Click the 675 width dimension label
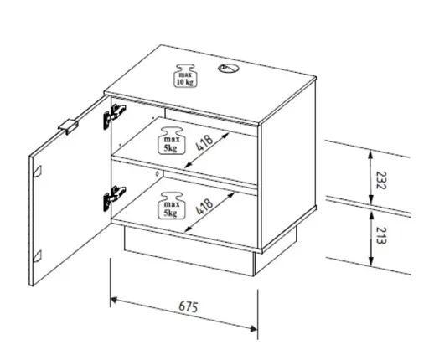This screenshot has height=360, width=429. pos(189,306)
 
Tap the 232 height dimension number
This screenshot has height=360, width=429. pos(381,180)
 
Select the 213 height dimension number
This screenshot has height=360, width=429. pos(381,235)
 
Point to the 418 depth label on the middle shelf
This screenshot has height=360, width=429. pos(204,142)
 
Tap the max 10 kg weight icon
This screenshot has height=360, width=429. pos(185,75)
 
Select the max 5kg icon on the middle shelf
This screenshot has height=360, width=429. pos(171,141)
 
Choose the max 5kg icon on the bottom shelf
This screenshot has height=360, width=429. pos(171,205)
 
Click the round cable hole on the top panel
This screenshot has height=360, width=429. pos(226,68)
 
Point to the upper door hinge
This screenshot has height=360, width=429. pos(114,116)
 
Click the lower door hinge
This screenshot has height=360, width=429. pos(114,198)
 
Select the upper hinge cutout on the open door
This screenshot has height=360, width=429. pos(38,171)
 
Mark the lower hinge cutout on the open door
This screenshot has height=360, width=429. pos(38,256)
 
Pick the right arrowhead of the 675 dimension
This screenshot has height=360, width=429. pos(253,328)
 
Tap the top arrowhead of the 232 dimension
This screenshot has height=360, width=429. pos(370,154)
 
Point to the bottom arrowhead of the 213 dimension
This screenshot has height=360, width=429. pos(370,261)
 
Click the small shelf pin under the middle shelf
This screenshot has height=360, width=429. pos(158,173)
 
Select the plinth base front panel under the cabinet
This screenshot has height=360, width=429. pos(189,250)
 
